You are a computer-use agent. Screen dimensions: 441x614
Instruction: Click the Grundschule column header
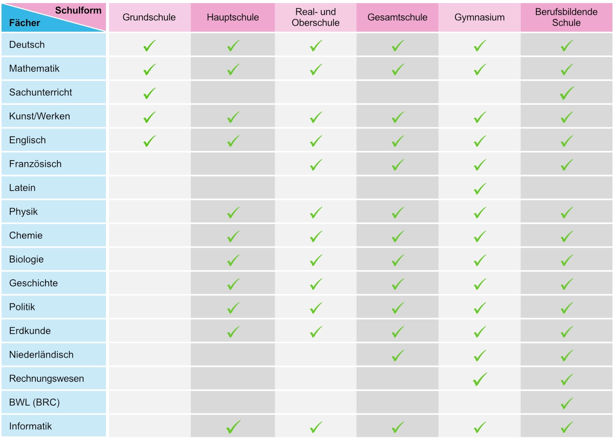click(149, 17)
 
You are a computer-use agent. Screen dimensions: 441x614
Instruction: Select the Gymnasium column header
click(479, 17)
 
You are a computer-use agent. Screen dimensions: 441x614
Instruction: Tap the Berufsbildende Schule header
click(566, 17)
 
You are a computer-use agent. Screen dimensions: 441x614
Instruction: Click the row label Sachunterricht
click(40, 93)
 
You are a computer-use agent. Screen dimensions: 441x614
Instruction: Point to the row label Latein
click(23, 188)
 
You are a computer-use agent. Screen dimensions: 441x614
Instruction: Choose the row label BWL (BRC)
click(34, 403)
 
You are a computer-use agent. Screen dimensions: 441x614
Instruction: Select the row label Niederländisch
click(41, 355)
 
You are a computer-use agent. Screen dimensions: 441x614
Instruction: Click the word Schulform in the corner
click(78, 10)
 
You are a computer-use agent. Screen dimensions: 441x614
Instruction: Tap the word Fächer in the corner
click(25, 23)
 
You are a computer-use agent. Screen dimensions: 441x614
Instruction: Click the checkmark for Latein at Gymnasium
click(479, 189)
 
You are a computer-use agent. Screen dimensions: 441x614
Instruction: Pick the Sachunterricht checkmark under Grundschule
click(149, 94)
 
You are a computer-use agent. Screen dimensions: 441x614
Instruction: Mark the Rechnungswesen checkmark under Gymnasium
click(479, 380)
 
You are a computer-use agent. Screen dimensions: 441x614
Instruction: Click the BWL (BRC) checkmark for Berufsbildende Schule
click(566, 403)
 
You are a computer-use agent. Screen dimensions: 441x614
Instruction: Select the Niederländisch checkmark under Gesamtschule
click(398, 356)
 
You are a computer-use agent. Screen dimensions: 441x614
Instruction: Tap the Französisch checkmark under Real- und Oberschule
click(316, 165)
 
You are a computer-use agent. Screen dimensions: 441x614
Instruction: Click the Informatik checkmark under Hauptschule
click(233, 427)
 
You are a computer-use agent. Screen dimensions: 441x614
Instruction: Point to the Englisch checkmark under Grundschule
click(149, 141)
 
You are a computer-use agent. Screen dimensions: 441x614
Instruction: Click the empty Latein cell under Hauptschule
click(233, 188)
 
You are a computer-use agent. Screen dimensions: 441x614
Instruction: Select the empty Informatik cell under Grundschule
click(149, 426)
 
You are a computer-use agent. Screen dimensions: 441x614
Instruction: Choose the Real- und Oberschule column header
click(316, 17)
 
